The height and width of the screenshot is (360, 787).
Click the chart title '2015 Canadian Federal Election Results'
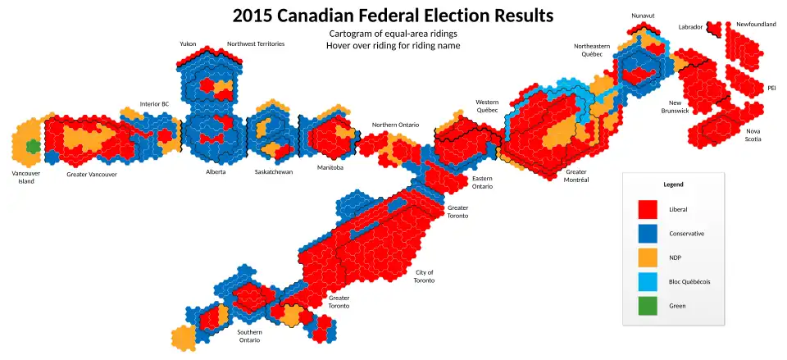click(393, 16)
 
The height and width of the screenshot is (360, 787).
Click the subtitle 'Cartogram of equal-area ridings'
click(393, 34)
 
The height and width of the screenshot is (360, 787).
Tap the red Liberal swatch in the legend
click(648, 209)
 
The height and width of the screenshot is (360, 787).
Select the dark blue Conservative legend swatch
click(648, 234)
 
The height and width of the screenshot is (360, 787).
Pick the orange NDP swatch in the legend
click(648, 257)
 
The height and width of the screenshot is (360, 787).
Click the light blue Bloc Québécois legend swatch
click(648, 281)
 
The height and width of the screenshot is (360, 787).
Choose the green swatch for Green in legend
click(648, 305)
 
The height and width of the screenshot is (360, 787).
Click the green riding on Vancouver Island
click(33, 146)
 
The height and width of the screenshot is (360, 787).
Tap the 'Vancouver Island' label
click(26, 177)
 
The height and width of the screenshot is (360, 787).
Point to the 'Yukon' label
click(188, 43)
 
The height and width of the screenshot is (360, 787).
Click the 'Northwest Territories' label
click(256, 43)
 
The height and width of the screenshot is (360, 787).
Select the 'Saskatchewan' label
click(274, 172)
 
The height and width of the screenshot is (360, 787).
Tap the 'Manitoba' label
click(330, 167)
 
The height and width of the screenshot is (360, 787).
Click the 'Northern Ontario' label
click(395, 125)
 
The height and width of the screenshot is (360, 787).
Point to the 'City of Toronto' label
click(425, 276)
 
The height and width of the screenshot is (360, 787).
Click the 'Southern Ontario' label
click(249, 336)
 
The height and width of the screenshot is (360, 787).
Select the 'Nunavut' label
click(643, 16)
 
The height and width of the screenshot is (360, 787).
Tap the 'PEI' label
click(771, 88)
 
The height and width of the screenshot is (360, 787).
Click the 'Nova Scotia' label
click(753, 135)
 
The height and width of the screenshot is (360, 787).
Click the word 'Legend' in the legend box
click(673, 185)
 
